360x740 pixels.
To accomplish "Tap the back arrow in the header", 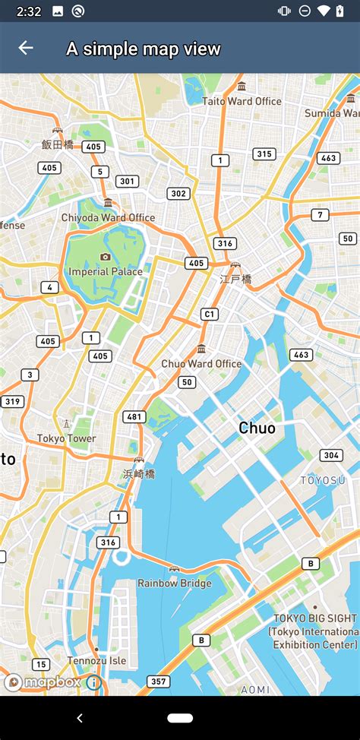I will point(26,48).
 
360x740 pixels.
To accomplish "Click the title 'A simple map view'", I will point(143,49).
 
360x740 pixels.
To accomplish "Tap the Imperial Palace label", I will point(105,271).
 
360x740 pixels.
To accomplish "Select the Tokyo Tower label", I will point(67,438).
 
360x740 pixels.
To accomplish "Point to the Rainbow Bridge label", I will point(174,583).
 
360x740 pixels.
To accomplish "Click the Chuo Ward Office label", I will point(201,363).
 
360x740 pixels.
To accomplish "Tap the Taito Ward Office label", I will point(242,101).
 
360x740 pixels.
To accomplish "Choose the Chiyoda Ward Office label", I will point(108,217).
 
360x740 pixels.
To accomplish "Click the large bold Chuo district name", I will point(257,428).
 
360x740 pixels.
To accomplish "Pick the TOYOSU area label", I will point(323,480).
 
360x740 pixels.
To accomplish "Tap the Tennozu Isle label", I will point(96,660).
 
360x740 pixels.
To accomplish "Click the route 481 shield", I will point(135,416).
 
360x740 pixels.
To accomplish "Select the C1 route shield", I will point(209,314).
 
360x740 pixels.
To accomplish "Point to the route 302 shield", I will point(178,194).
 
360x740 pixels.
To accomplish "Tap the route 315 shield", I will point(264,154).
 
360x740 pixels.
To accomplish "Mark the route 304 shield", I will point(330,455).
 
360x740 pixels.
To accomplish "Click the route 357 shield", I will point(158,681).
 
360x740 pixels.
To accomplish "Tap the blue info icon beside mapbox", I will point(93,682).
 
